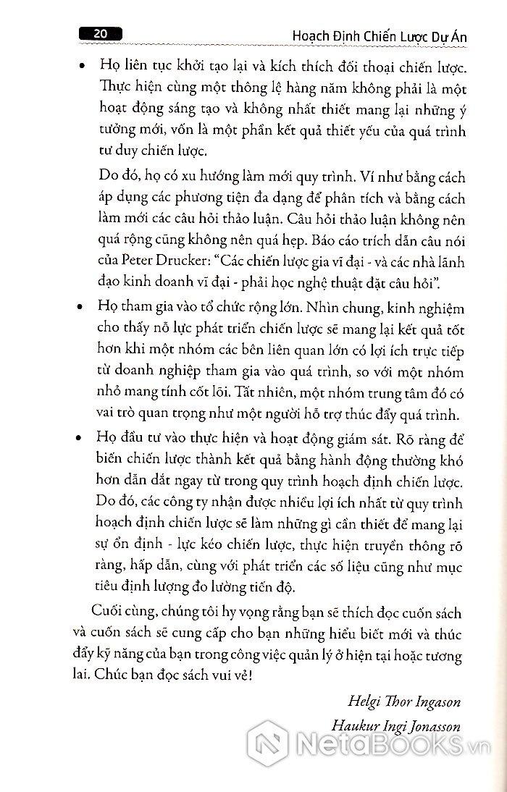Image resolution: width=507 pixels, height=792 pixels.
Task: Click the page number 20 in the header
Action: (101, 33)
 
